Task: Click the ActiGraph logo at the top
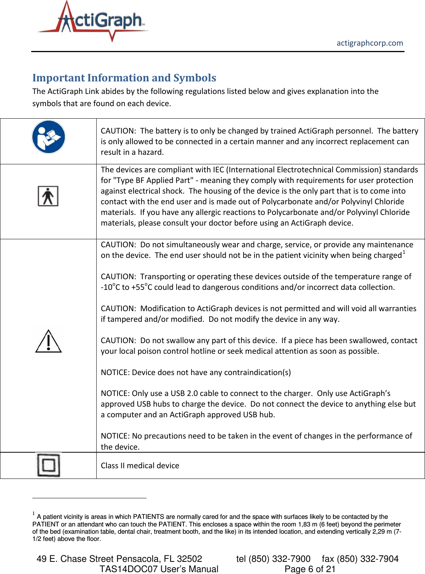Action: pos(93,22)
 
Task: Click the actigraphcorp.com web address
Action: pos(369,43)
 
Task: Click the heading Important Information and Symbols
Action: pos(124,78)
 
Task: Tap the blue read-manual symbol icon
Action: pos(48,137)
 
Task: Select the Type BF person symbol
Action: pos(48,196)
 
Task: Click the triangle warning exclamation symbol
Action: pos(48,341)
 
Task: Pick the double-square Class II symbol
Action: pos(48,465)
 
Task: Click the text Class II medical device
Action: pos(140,466)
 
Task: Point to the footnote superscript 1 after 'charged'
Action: pos(404,252)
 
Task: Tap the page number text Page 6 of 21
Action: pos(310,569)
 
